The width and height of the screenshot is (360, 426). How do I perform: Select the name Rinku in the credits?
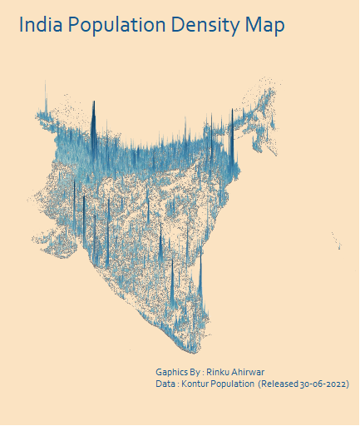pos(219,372)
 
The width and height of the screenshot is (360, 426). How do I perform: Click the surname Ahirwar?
pos(249,372)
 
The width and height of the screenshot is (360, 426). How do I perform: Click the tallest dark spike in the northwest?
pos(94,116)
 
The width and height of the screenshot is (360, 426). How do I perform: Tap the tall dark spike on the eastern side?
pos(232,141)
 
